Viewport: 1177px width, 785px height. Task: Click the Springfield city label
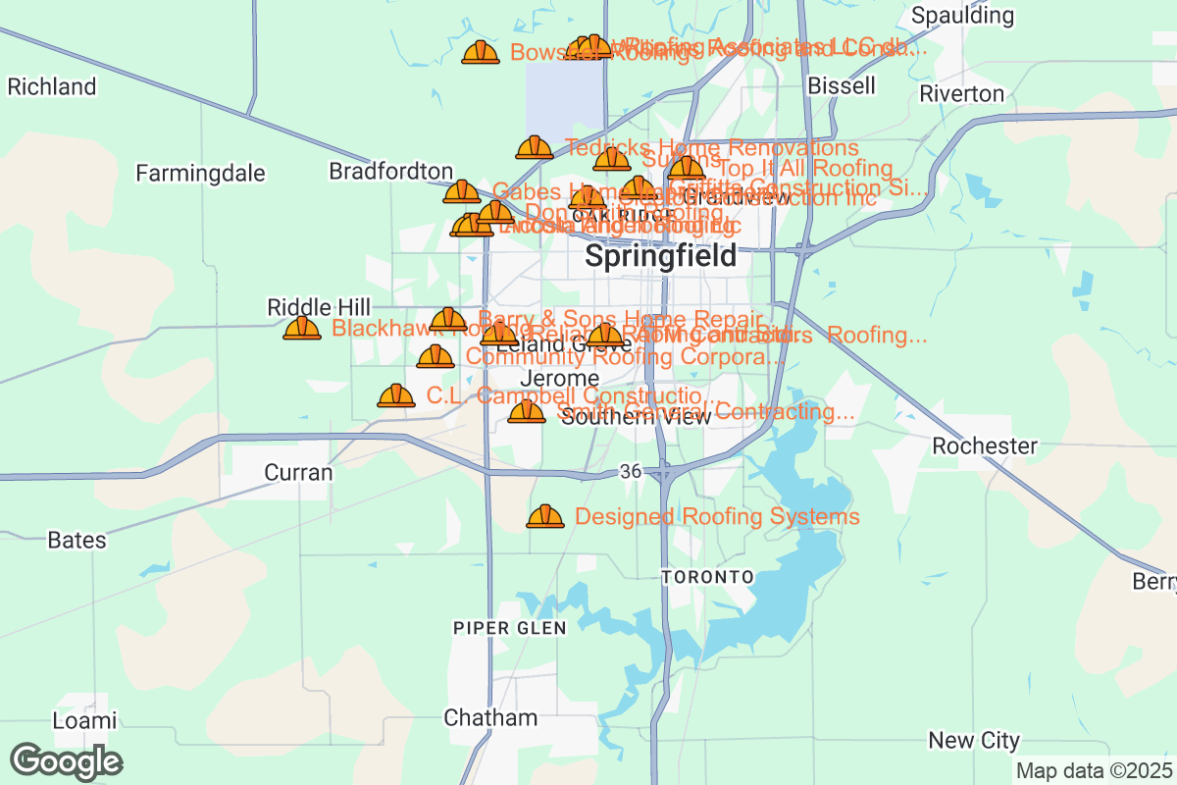[x=660, y=257]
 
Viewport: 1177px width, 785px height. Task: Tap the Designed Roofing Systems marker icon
[x=545, y=516]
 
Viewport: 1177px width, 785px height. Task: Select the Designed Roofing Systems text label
[x=717, y=517]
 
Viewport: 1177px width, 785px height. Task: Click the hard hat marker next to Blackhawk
[x=302, y=328]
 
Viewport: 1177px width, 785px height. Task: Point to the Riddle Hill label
[x=319, y=308]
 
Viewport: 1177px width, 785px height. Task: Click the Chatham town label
[x=490, y=717]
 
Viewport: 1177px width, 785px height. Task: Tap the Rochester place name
[x=984, y=446]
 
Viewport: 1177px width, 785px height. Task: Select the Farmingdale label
[x=200, y=174]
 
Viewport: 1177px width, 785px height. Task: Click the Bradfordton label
[x=390, y=172]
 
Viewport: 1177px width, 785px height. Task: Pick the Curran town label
[x=298, y=473]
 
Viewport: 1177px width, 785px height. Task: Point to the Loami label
[x=84, y=721]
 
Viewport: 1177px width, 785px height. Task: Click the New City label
[x=974, y=740]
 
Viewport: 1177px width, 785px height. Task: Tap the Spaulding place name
[x=962, y=16]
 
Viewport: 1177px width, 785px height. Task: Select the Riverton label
[x=961, y=94]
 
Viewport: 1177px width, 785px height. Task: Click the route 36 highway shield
[x=631, y=473]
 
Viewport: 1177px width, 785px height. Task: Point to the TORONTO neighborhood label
[x=707, y=577]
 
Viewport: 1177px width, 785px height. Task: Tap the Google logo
[x=67, y=761]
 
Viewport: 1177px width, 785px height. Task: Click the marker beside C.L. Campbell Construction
[x=396, y=395]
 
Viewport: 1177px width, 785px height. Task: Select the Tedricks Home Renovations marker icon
[x=535, y=147]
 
